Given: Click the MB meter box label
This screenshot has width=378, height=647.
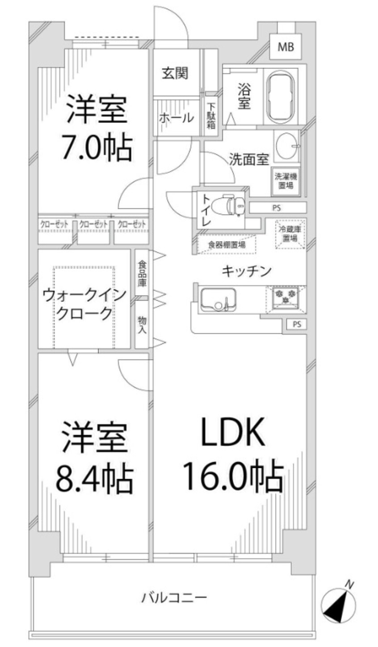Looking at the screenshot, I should click(x=286, y=46).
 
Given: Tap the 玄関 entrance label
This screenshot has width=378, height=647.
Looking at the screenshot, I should click(x=175, y=72).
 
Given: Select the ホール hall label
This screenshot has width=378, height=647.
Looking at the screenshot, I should click(x=176, y=118).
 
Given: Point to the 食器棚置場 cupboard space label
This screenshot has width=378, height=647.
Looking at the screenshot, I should click(x=227, y=244).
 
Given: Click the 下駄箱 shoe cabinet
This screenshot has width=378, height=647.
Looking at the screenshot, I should click(x=211, y=116).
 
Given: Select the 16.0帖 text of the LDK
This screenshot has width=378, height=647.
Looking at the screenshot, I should click(x=232, y=477).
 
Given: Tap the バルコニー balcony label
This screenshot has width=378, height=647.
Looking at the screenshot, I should click(x=174, y=597).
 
